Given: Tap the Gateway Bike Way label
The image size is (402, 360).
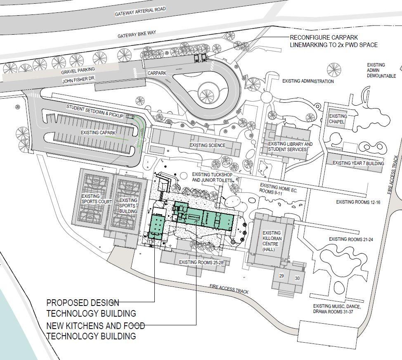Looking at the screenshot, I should [x=137, y=34].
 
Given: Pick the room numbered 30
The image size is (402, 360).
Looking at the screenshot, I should [x=297, y=278].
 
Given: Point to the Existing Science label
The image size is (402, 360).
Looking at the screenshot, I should [x=207, y=145].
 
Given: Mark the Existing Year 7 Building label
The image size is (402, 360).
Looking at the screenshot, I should [x=358, y=163].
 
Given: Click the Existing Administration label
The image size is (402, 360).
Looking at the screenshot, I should [x=308, y=81].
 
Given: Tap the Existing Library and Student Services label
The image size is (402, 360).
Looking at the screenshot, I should [x=290, y=147].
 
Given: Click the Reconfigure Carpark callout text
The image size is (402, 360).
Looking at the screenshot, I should [x=333, y=41].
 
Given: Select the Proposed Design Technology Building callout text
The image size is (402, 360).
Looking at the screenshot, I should [x=91, y=308].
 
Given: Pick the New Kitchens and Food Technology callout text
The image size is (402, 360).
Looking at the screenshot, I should [x=95, y=331].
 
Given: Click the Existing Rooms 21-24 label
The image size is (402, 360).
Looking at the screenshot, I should [x=351, y=239].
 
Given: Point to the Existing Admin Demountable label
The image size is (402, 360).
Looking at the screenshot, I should [x=381, y=70].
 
